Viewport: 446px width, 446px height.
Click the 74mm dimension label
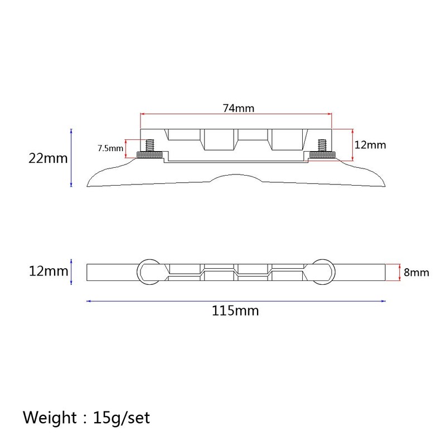(239, 108)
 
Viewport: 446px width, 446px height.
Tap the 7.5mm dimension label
(110, 148)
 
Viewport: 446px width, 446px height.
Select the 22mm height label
(48, 158)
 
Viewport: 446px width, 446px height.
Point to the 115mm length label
(235, 311)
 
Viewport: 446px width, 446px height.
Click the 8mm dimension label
(416, 273)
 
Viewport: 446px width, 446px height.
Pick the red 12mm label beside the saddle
(370, 145)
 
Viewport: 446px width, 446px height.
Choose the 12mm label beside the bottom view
(49, 271)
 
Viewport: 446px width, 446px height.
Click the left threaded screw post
(149, 146)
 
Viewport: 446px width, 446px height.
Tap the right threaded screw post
(322, 146)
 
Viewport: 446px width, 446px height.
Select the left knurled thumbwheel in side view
(149, 155)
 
